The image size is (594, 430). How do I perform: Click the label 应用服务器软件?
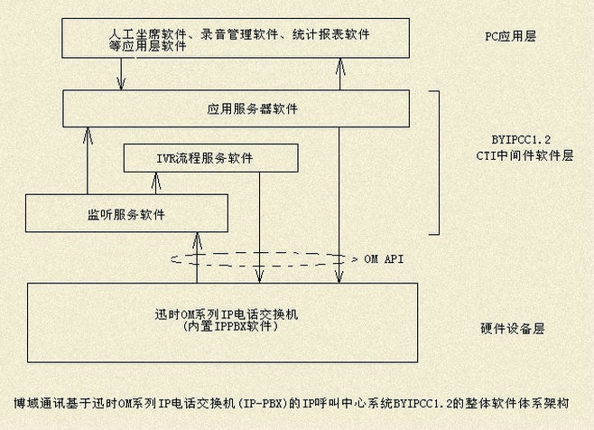point(252,109)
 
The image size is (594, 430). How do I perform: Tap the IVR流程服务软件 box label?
point(205,158)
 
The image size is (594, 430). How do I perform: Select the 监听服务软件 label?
point(126,215)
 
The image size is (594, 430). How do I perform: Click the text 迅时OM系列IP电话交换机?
point(227,314)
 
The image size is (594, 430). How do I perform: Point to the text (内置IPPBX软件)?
point(229,326)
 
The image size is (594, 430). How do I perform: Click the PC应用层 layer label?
point(511,36)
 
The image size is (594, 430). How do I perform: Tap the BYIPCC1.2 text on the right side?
point(521,139)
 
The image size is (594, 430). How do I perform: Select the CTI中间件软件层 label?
point(524,155)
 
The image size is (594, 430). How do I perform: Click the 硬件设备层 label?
point(513,329)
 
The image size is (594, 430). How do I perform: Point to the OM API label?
point(384,259)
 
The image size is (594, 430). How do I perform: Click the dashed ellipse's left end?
point(172,259)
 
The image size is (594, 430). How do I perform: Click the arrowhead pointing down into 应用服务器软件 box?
point(121,83)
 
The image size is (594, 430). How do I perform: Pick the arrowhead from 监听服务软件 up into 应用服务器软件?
point(88,135)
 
